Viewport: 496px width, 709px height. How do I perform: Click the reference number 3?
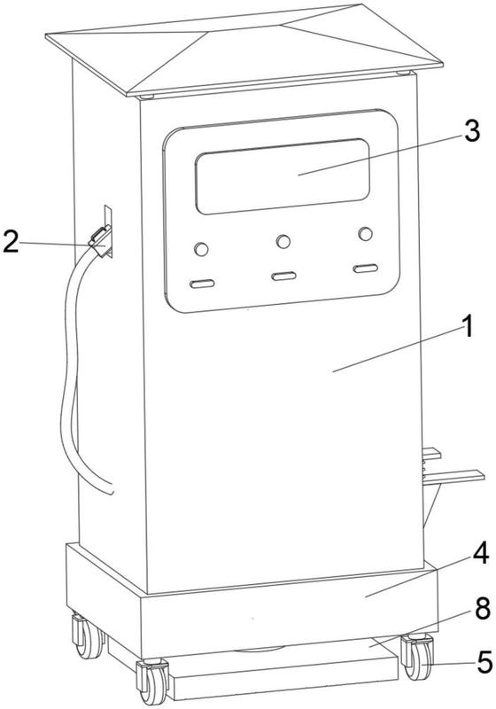coord(471,132)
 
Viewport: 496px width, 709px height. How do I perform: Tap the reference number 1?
coord(469,326)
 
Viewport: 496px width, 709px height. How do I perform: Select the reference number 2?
coord(11,241)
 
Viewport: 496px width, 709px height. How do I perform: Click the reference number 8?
coord(482,609)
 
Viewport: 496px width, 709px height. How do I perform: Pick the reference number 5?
coord(484,663)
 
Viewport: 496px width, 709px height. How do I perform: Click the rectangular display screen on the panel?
coord(283,176)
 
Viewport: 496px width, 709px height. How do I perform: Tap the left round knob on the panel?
coord(201,249)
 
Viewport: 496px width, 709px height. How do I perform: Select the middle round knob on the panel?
coord(283,241)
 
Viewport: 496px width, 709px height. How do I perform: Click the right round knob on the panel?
coord(366,234)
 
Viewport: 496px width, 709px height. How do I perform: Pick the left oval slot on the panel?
coord(202,284)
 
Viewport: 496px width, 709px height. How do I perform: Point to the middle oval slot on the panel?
coord(283,277)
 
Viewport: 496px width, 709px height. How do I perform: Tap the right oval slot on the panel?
coord(366,269)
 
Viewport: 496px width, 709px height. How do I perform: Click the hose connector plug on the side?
coord(101,241)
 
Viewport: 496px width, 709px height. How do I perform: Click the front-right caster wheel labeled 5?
coord(418,656)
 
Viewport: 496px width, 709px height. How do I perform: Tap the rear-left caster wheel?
coord(89,635)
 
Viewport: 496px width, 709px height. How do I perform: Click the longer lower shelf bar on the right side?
coord(453,477)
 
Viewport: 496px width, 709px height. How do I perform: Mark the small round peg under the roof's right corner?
coord(403,73)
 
